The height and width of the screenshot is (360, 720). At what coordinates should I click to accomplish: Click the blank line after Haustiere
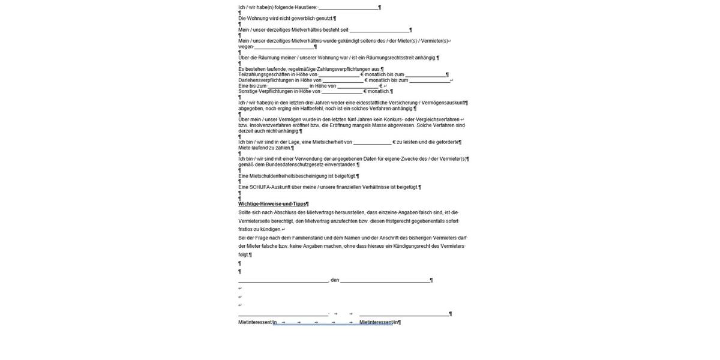point(349,8)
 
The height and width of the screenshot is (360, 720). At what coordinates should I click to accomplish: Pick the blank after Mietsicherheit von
point(372,142)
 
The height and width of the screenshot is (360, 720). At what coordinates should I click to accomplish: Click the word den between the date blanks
point(335,280)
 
